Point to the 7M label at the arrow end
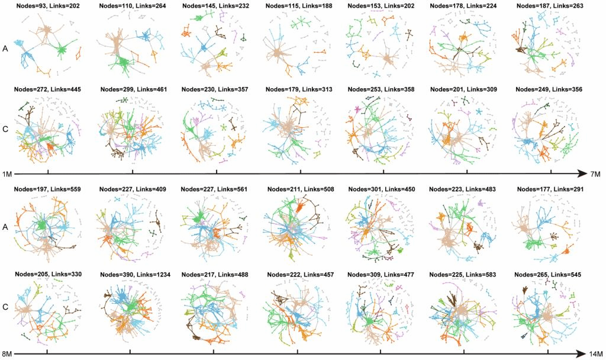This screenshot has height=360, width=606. tap(595, 175)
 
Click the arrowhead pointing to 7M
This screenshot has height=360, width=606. tap(582, 174)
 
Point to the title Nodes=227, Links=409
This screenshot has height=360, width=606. tap(133, 189)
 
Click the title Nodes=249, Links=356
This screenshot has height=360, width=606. tap(549, 89)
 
